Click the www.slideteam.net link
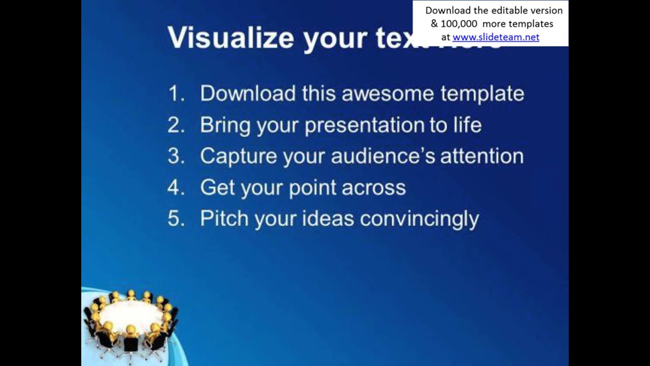[x=496, y=37]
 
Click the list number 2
[x=175, y=125]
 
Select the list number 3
[x=175, y=157]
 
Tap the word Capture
[x=239, y=157]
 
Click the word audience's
[x=383, y=157]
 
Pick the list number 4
[x=175, y=188]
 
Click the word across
[x=374, y=188]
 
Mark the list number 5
[x=175, y=219]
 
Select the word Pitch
[x=224, y=219]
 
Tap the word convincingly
[x=419, y=219]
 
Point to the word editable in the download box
[x=510, y=10]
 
